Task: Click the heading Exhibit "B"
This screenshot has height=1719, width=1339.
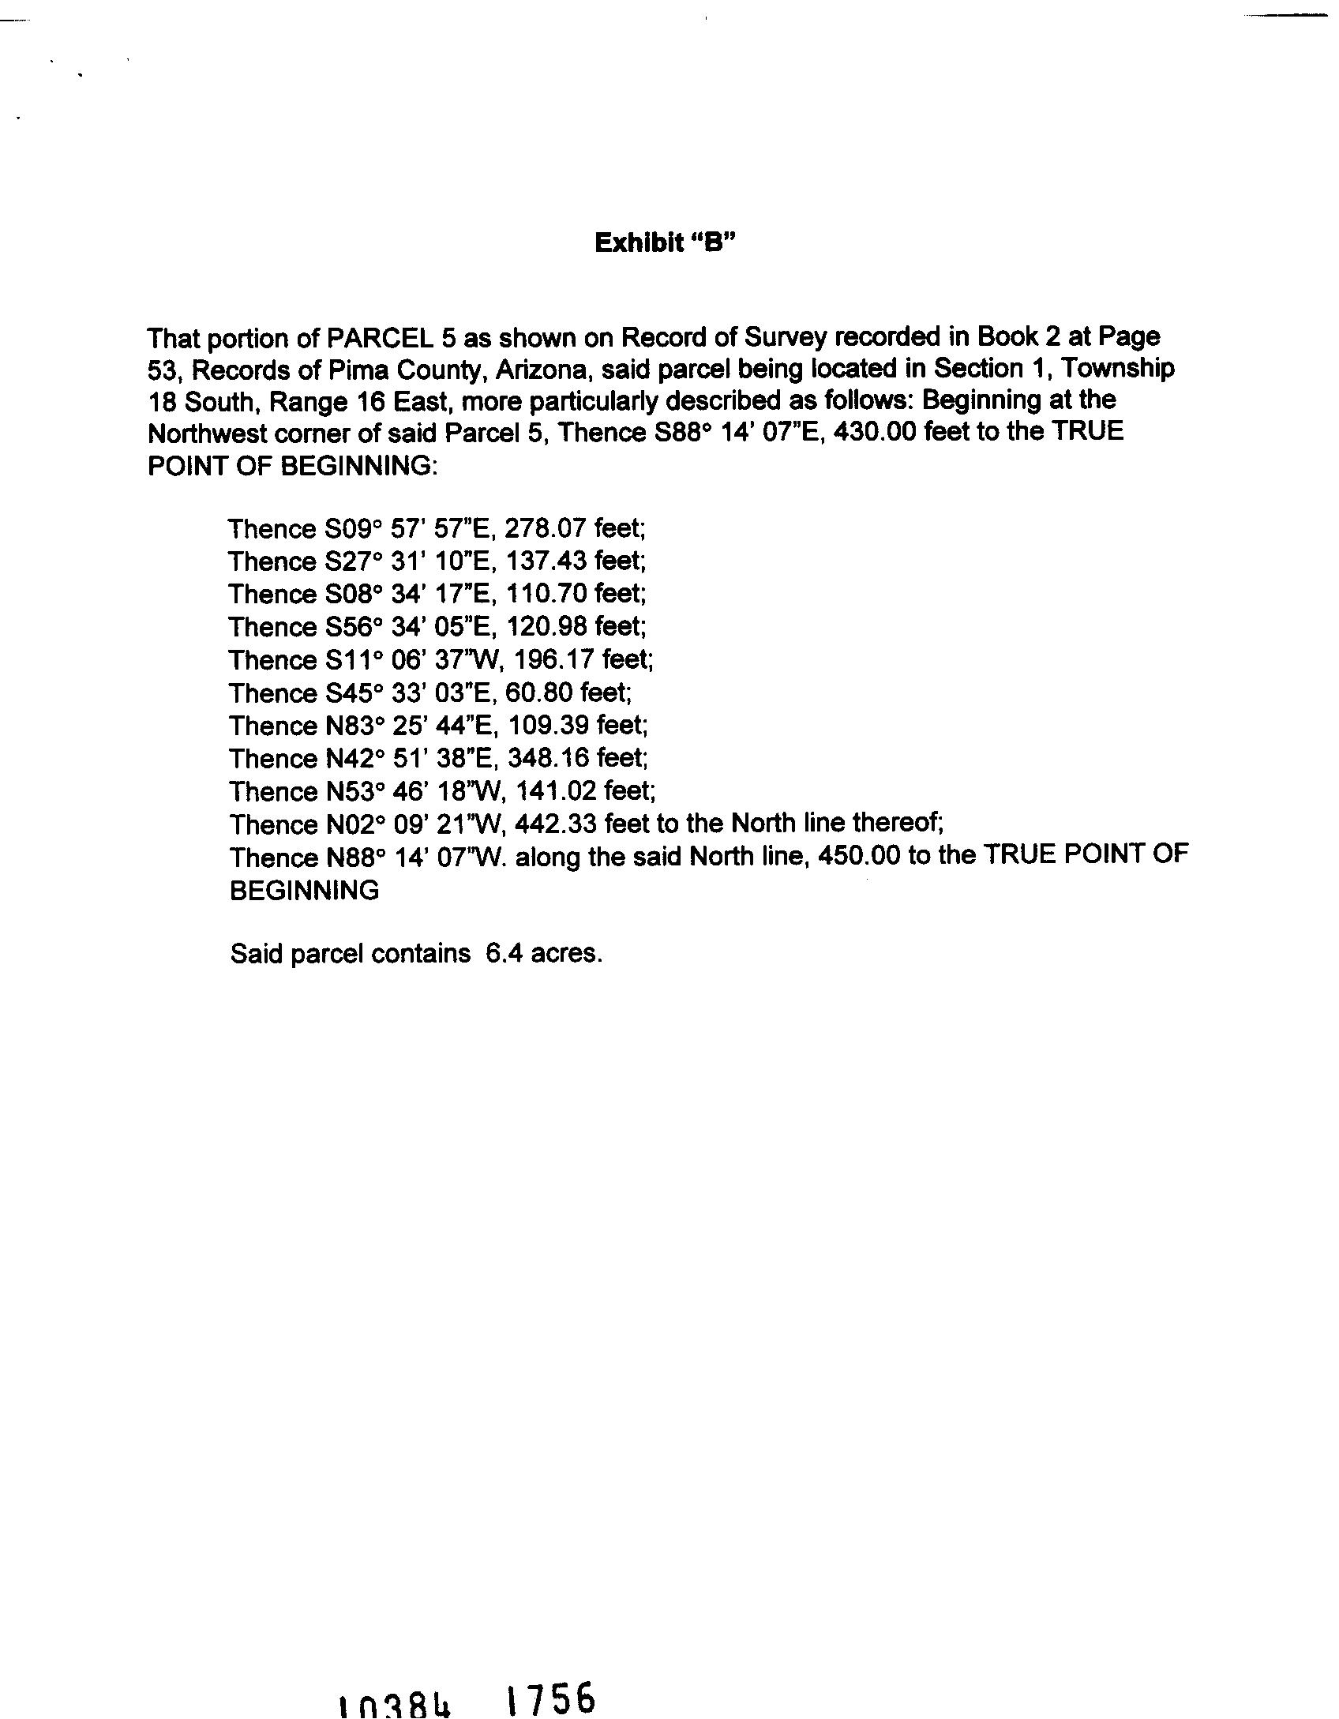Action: [x=665, y=242]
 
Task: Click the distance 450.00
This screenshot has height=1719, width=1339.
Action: [x=861, y=858]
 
